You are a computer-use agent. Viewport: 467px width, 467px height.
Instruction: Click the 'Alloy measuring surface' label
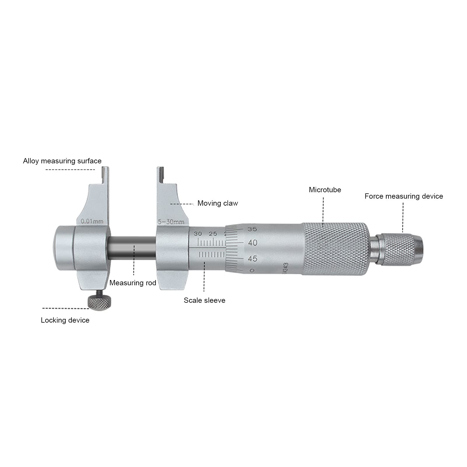[62, 161]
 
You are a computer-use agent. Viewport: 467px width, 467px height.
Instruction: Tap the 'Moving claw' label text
[218, 203]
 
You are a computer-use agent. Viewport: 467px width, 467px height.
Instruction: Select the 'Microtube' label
[325, 190]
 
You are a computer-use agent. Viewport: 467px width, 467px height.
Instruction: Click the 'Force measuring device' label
[403, 196]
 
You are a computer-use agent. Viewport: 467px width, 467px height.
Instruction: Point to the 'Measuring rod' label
[133, 283]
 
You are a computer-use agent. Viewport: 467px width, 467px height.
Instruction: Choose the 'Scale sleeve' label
[204, 300]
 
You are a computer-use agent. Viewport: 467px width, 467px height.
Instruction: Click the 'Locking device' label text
[65, 320]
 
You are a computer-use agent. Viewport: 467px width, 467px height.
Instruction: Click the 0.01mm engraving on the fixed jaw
[92, 221]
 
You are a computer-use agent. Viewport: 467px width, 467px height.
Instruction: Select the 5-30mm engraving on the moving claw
[171, 222]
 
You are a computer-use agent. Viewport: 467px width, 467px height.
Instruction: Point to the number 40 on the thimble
[252, 243]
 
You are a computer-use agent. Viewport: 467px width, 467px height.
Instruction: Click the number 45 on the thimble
[252, 259]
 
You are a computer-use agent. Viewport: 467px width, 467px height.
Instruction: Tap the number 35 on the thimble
[252, 229]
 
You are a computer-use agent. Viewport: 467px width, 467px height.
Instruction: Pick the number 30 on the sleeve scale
[198, 234]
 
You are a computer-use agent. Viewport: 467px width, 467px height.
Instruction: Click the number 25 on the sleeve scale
[213, 234]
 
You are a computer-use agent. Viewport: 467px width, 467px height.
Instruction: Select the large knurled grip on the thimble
[334, 249]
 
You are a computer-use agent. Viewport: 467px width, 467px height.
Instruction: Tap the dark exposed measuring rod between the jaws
[132, 248]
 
